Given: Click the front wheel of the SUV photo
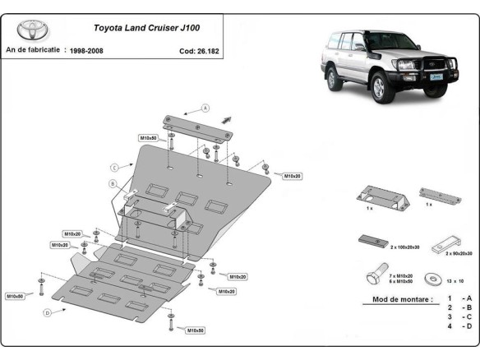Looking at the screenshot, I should tap(383, 85).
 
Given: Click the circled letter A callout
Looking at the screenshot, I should tap(206, 108).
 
